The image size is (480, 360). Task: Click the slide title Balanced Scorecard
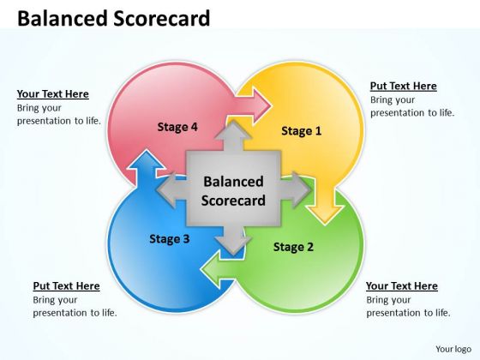pyautogui.click(x=114, y=18)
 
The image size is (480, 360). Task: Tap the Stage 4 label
pyautogui.click(x=177, y=127)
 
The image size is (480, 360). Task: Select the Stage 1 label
pyautogui.click(x=302, y=130)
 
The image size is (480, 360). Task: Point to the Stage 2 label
pyautogui.click(x=293, y=247)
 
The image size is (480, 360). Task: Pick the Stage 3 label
pyautogui.click(x=170, y=239)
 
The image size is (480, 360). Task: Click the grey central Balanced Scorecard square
pyautogui.click(x=233, y=189)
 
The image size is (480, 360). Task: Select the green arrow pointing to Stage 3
pyautogui.click(x=219, y=270)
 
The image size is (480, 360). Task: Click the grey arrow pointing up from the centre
pyautogui.click(x=233, y=135)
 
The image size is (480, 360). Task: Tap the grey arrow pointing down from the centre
pyautogui.click(x=233, y=240)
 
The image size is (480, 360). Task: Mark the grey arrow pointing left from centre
pyautogui.click(x=171, y=189)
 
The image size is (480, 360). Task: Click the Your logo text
pyautogui.click(x=453, y=349)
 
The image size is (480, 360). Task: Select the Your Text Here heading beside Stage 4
pyautogui.click(x=53, y=94)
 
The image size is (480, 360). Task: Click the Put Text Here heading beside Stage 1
pyautogui.click(x=404, y=86)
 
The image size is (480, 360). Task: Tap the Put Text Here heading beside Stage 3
pyautogui.click(x=67, y=286)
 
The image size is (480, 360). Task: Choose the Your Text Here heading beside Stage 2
pyautogui.click(x=402, y=286)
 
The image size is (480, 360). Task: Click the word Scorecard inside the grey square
pyautogui.click(x=233, y=201)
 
